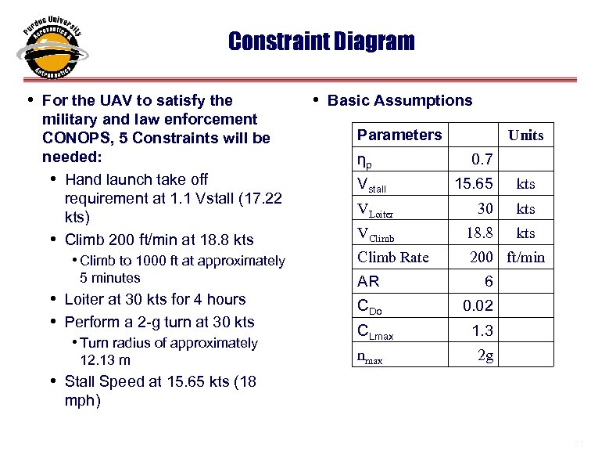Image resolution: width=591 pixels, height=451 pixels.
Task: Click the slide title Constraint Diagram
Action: pos(321,41)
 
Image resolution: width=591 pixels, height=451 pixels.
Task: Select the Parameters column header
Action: pos(399,135)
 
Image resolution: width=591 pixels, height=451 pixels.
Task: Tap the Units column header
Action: pos(525,135)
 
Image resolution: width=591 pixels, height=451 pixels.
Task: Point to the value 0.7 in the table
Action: pos(482,160)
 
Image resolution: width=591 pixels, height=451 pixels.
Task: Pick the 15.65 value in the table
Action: pos(474,184)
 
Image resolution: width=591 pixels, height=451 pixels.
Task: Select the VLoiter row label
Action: pos(375,210)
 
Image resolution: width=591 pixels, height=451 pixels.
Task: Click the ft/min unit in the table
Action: pos(525,257)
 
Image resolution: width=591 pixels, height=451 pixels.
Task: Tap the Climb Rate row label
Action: pos(392,257)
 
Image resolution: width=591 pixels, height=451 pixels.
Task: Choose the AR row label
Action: pos(368,282)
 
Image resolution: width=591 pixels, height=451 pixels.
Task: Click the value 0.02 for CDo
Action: pos(477,306)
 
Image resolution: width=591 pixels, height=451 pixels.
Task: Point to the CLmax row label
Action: pos(375,332)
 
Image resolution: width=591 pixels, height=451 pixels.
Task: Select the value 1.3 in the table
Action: pos(482,330)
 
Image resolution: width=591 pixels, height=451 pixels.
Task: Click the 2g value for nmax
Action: pos(485,355)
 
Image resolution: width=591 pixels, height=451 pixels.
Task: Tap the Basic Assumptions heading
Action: pos(399,100)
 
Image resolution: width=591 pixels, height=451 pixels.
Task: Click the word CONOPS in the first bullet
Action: pos(74,139)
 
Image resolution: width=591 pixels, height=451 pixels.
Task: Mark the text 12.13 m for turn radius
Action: pos(105,360)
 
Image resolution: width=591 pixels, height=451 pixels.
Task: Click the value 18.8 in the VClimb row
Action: pos(479,233)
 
